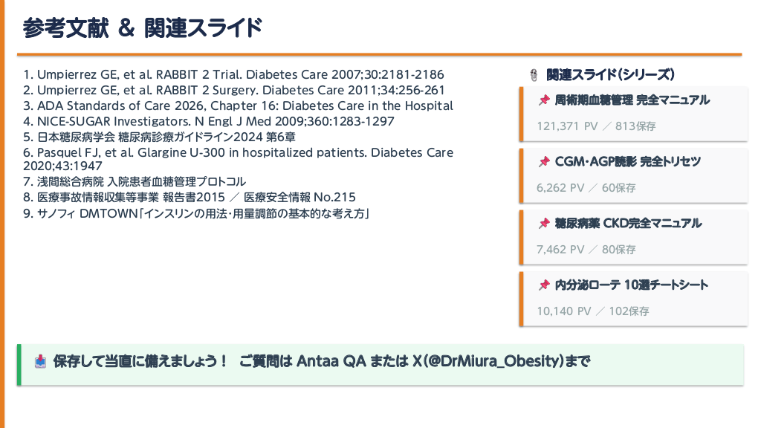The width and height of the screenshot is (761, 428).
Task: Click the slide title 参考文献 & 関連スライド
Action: point(142,27)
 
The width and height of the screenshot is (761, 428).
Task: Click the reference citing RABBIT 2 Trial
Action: point(233,74)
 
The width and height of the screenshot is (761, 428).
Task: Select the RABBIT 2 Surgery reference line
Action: point(234,90)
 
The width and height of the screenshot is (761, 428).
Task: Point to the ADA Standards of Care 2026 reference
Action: point(238,106)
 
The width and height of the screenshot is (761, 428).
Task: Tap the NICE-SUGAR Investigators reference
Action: point(209,121)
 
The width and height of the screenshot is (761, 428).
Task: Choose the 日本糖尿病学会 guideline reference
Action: point(159,137)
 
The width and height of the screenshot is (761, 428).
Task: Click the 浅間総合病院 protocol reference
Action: point(135,181)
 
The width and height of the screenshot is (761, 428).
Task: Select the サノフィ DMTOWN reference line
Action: point(196,213)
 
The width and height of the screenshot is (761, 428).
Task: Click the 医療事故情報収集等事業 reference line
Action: point(190,197)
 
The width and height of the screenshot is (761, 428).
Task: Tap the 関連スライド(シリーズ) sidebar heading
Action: point(610,75)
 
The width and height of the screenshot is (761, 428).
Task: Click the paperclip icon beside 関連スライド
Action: point(534,75)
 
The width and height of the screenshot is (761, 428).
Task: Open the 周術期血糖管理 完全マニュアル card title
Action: point(632,100)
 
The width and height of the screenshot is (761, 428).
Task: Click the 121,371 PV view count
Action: point(567,126)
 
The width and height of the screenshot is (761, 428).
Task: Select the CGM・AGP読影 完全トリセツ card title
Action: point(627,161)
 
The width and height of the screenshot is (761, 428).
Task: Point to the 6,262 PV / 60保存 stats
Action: point(586,188)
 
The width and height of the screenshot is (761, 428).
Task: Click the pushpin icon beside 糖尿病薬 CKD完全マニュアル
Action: point(544,223)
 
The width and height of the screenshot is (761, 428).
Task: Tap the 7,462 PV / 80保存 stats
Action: point(586,250)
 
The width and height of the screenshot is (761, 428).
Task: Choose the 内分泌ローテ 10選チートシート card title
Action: point(632,285)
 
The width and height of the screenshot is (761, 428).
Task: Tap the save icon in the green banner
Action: point(41,362)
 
